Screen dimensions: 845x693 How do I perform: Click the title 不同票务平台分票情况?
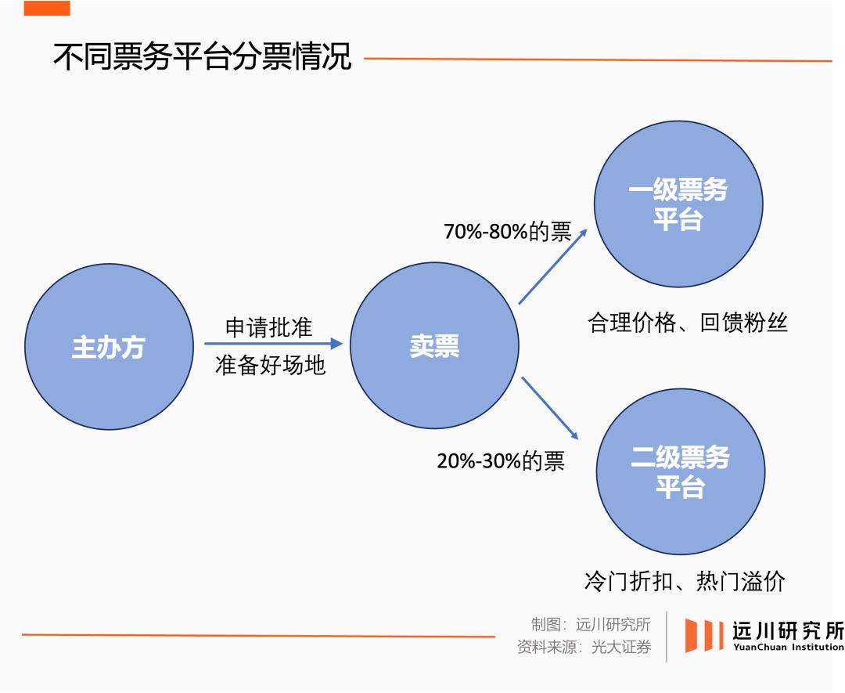202,58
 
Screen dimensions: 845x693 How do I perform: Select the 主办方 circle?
108,346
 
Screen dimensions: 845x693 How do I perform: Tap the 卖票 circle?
434,346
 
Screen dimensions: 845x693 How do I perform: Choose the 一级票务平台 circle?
678,204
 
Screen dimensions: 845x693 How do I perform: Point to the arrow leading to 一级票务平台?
555,265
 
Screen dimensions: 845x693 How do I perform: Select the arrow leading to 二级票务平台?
549,408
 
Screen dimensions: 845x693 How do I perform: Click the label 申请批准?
268,327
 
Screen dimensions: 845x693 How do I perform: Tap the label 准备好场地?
270,365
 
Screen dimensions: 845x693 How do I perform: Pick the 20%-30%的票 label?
501,460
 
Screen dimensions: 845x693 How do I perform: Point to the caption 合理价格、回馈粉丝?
687,323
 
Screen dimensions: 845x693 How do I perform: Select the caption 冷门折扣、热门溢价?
684,581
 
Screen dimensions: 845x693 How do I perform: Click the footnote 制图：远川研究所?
591,625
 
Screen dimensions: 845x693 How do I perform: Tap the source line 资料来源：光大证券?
584,648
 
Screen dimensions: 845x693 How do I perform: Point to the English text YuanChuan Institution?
788,648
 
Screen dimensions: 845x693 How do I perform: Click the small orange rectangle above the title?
47,8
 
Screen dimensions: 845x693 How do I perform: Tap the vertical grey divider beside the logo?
666,636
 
